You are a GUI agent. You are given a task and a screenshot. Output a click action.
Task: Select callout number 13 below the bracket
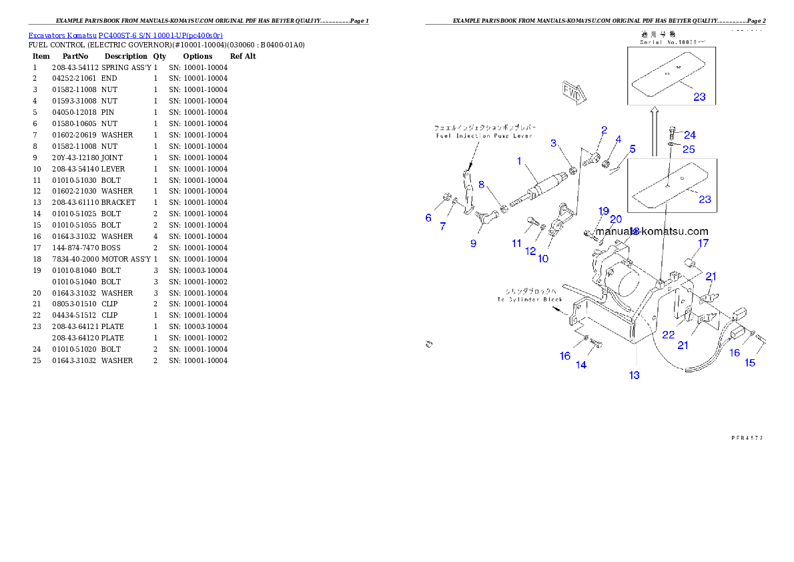[x=634, y=375]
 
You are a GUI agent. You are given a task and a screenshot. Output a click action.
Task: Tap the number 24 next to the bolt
[x=690, y=135]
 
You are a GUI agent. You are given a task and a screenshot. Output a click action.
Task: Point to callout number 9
[x=473, y=243]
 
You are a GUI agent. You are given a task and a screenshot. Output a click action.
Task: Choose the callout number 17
[x=703, y=244]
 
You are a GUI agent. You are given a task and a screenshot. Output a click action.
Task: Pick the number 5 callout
[x=633, y=149]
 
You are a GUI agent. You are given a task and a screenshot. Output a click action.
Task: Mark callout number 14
[x=581, y=365]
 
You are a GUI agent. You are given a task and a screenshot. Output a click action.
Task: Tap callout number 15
[x=750, y=362]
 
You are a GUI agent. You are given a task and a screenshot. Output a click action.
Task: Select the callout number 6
[x=428, y=218]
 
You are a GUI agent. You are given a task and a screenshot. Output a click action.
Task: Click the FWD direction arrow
[x=573, y=93]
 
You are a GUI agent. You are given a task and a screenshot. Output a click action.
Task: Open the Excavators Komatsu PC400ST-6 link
[x=125, y=35]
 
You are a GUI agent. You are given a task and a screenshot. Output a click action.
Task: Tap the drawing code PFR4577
[x=747, y=438]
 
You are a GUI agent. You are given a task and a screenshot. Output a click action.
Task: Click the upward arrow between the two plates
[x=655, y=114]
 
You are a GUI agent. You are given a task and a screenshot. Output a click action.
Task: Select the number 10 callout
[x=543, y=258]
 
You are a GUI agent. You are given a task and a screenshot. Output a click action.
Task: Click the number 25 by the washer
[x=688, y=149]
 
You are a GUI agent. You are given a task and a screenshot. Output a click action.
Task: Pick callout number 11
[x=516, y=244]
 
